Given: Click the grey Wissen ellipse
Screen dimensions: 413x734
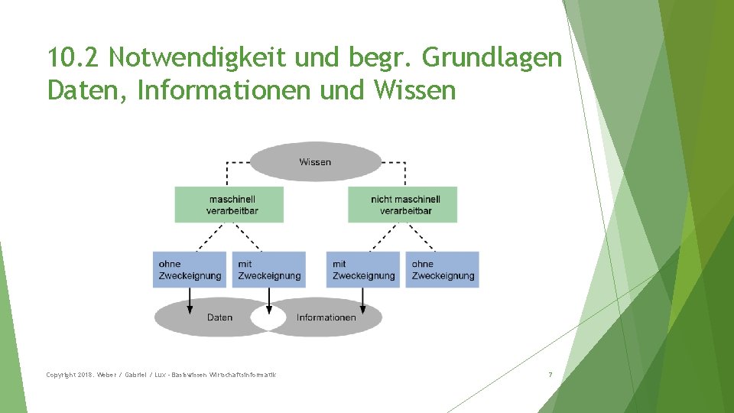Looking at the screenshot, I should coord(316,161).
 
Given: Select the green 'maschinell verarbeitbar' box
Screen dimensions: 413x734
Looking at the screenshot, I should coord(229,204).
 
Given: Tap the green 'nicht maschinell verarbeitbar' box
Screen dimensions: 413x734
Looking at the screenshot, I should coord(402,204).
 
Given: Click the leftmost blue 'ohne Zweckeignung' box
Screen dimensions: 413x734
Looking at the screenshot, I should coord(190,269).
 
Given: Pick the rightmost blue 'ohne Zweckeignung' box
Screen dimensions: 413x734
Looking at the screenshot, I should coord(442,269).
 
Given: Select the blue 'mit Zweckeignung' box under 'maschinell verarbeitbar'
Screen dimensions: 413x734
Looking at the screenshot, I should coord(268,269).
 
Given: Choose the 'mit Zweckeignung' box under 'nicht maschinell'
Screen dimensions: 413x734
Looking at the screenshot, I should coord(363,269).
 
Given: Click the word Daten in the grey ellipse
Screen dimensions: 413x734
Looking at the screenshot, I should coord(219,317).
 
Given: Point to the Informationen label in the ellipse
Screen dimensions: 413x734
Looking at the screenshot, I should coord(326,317).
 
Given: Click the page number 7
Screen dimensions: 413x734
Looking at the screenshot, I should coord(550,375).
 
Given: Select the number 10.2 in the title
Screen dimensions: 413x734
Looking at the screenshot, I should coord(73,57).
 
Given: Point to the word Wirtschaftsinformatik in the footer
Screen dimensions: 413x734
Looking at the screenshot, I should coord(242,375).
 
